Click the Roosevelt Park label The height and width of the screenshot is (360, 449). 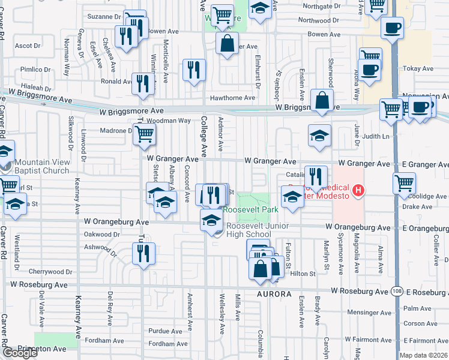click(251, 209)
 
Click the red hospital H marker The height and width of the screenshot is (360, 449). click(358, 191)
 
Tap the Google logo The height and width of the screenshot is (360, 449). click(20, 353)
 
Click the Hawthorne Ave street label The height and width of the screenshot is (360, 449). click(232, 98)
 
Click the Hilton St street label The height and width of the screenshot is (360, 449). click(304, 274)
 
